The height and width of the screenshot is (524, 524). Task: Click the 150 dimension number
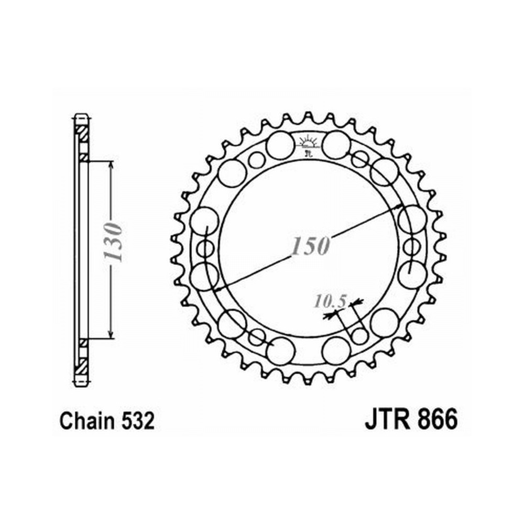pos(310,246)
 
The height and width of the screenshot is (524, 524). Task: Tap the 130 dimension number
pos(113,241)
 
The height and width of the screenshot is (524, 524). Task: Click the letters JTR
pos(388,420)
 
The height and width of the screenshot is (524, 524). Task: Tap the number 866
pos(438,420)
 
